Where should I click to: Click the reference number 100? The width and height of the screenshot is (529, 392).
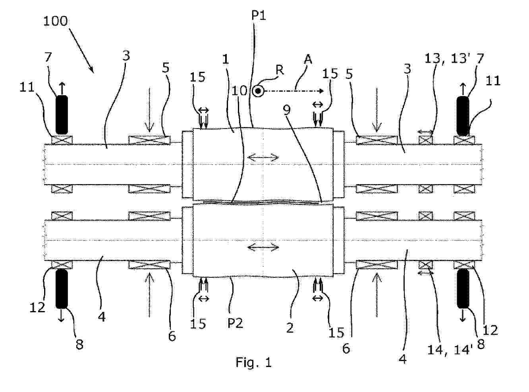pos(56,21)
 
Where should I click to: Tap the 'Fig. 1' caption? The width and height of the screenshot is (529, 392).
pos(253,363)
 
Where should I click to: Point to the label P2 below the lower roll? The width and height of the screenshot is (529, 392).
pos(235,323)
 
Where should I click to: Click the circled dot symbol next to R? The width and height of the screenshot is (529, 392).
pos(258,91)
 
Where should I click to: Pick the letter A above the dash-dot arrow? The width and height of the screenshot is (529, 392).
pos(308,60)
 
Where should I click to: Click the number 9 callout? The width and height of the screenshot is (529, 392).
pos(287,110)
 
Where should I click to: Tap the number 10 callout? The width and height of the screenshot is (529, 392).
pos(239,91)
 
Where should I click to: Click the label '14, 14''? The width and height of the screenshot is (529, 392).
pos(449,350)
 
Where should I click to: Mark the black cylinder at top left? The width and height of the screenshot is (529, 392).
pos(62,115)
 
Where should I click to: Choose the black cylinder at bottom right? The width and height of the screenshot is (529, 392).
pos(463,288)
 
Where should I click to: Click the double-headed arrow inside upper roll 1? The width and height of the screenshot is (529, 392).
pos(263,157)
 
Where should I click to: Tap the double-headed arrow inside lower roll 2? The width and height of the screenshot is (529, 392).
pos(263,247)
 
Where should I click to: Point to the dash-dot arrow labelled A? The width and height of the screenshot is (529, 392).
pos(294,91)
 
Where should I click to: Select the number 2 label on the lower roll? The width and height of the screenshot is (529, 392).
pos(290,328)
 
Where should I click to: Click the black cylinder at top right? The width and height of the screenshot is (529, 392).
pos(463,116)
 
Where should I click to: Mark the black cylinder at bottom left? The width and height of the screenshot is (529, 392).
pos(62,289)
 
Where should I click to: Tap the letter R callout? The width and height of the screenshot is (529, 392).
pos(280,70)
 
